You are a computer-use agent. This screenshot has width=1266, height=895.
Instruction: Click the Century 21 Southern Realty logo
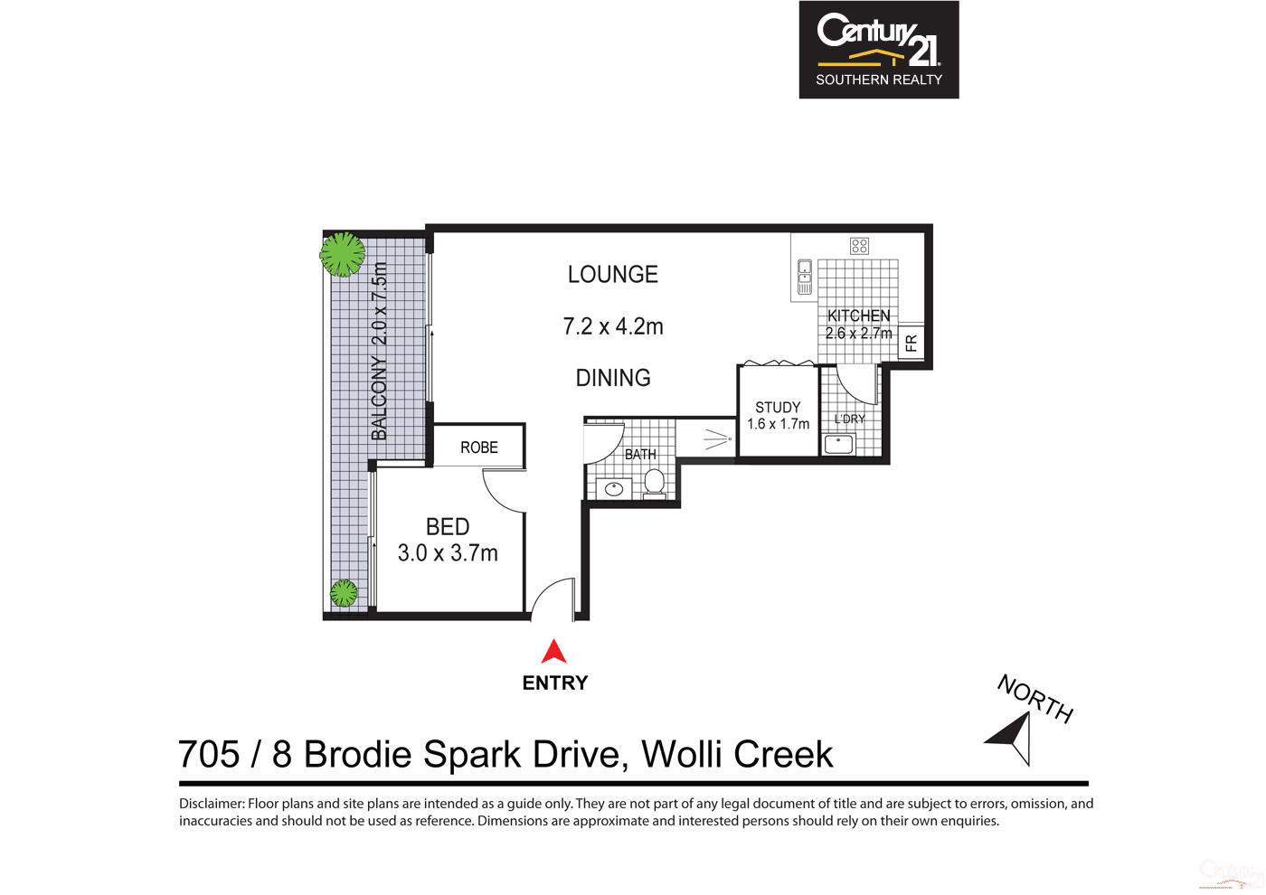[x=878, y=50]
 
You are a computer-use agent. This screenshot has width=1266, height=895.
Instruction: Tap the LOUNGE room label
[x=612, y=275]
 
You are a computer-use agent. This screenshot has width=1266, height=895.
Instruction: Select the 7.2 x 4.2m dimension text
[x=612, y=326]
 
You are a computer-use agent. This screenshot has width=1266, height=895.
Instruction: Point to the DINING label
[x=612, y=378]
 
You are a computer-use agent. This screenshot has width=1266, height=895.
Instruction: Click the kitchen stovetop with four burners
[x=859, y=246]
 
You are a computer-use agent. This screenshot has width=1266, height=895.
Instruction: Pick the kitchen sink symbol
[x=804, y=278]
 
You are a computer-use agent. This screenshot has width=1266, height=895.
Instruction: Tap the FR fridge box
[x=911, y=343]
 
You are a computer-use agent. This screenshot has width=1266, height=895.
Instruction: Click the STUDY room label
[x=778, y=408]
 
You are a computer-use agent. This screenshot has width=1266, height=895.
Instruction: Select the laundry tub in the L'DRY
[x=838, y=444]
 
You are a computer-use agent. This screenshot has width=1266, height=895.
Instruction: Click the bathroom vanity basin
[x=614, y=489]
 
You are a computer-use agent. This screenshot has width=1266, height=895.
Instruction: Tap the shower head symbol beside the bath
[x=718, y=440]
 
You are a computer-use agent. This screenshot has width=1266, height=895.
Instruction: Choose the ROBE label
[x=478, y=447]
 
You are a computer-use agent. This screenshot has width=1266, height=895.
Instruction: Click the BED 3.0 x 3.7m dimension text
[x=448, y=553]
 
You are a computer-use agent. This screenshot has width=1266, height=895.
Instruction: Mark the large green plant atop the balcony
[x=343, y=254]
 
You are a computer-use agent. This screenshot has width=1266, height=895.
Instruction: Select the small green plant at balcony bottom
[x=344, y=593]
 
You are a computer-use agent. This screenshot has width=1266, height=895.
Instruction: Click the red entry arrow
[x=553, y=651]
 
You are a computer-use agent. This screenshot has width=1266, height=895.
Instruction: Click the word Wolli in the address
[x=683, y=755]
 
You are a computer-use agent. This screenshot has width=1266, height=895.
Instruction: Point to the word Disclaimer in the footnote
[x=212, y=804]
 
